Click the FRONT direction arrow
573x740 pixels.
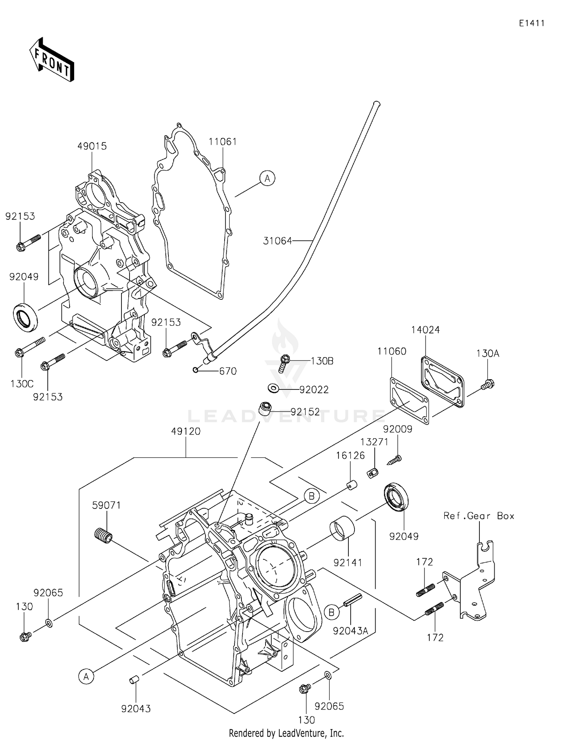(x=52, y=60)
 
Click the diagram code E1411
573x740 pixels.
(x=531, y=23)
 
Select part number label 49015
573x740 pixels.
(x=92, y=146)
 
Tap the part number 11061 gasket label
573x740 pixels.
(x=223, y=142)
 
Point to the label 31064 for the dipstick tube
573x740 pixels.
(x=277, y=241)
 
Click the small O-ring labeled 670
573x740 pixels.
(x=196, y=370)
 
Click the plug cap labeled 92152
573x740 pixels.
(x=265, y=408)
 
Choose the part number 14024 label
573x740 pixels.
(x=425, y=330)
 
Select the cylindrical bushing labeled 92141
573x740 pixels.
(x=342, y=528)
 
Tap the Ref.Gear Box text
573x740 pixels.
(x=479, y=516)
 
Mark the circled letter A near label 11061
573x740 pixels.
(x=267, y=178)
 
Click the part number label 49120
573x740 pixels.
(x=186, y=431)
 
